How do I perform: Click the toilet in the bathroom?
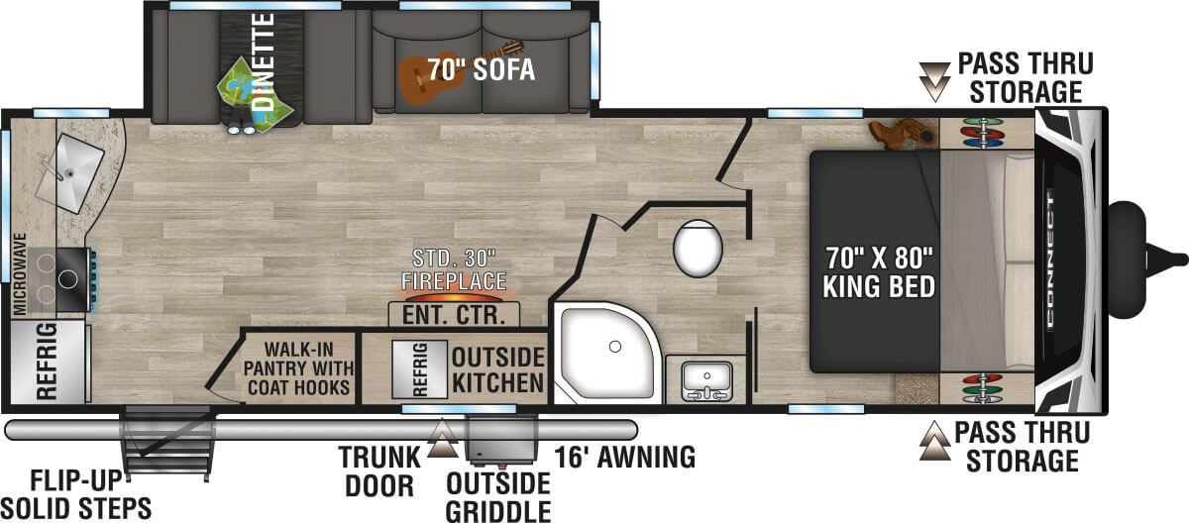tap(698, 249)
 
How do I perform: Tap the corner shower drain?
tap(615, 347)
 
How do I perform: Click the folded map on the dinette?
tap(255, 95)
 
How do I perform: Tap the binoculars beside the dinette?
tap(241, 129)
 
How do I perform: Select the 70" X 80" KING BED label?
tap(879, 272)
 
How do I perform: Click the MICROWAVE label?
tap(19, 273)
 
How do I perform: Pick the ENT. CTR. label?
tap(454, 315)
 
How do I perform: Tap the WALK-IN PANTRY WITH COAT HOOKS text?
tap(298, 368)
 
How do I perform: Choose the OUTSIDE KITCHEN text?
tap(497, 370)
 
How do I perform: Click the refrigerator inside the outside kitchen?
tap(419, 369)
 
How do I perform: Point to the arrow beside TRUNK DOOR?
tap(442, 438)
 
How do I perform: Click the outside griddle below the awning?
tap(501, 438)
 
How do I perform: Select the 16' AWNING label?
tap(625, 458)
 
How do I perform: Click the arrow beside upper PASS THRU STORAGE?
tap(934, 81)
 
